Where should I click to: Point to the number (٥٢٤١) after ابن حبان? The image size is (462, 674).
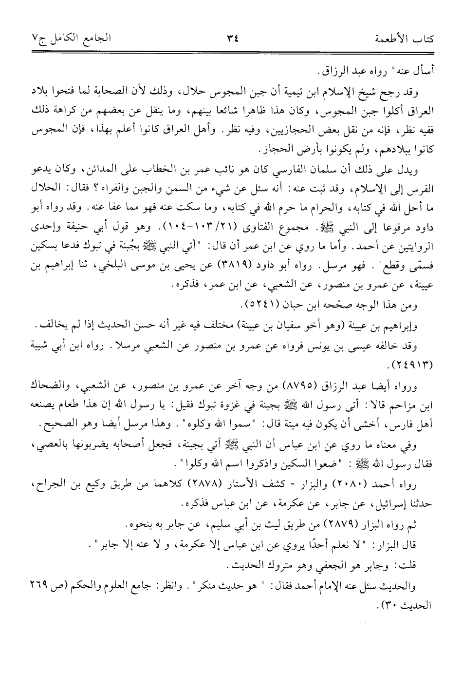260,306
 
